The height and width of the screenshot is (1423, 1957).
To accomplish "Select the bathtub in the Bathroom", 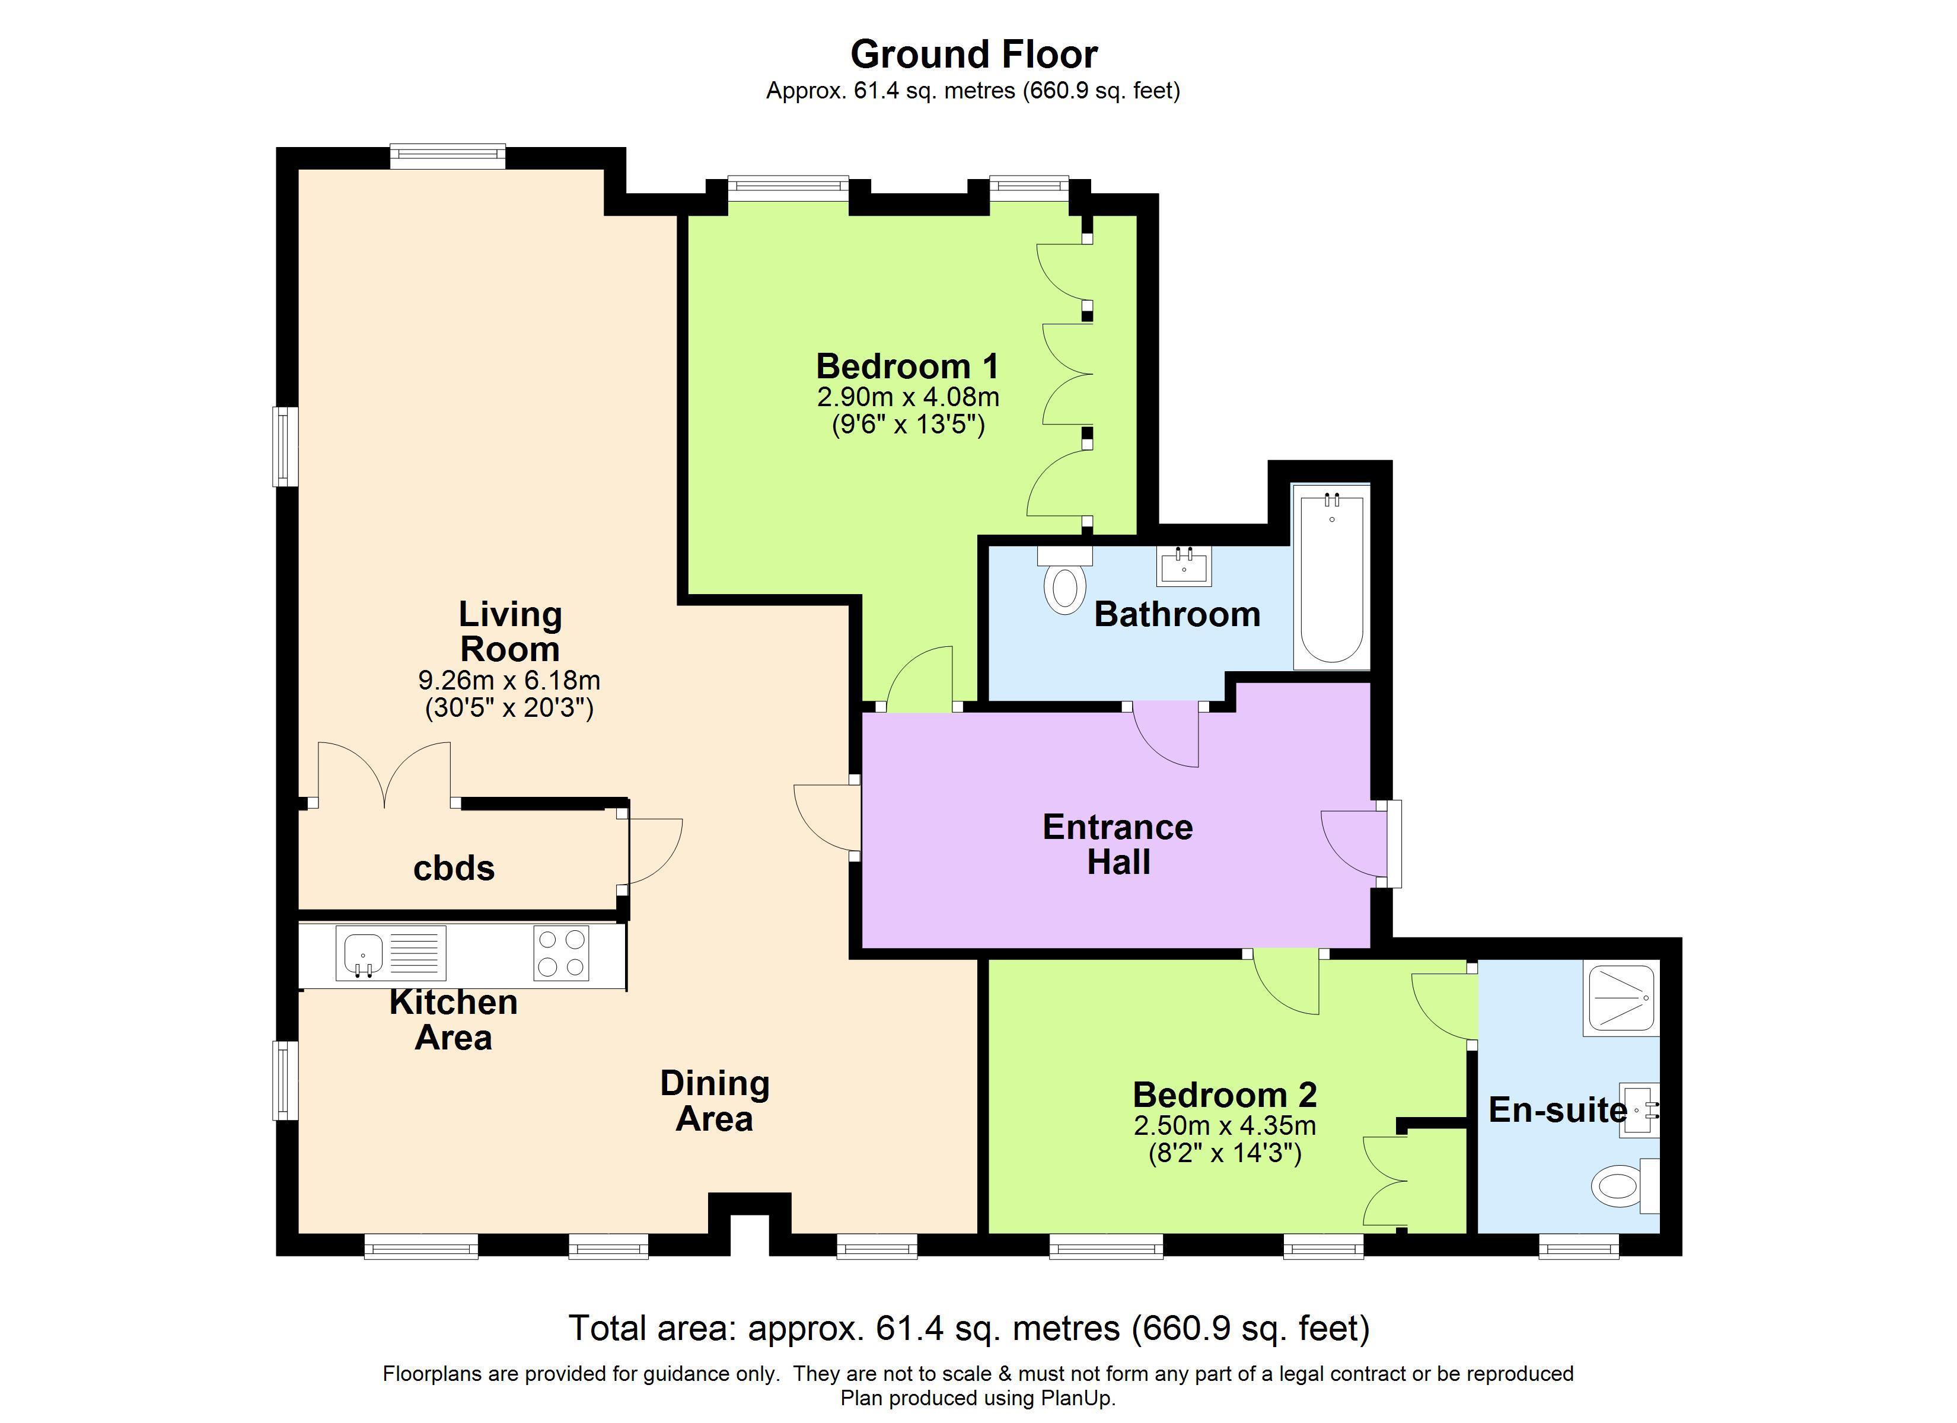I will [1331, 576].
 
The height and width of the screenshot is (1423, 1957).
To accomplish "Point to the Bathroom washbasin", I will [1184, 566].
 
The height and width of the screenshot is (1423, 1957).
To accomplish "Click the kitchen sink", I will [364, 953].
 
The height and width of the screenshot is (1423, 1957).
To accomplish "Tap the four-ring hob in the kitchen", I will [561, 953].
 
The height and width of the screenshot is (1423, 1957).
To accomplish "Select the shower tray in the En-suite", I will [1621, 999].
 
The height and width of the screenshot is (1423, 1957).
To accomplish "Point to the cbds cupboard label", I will [454, 868].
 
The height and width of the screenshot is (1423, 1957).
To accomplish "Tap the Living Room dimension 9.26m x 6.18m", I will [509, 680].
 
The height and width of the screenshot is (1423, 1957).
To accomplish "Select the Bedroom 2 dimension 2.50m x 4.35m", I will [1225, 1125].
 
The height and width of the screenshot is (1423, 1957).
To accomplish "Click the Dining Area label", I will [715, 1100].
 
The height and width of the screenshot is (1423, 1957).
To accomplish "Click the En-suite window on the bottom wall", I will [1579, 1246].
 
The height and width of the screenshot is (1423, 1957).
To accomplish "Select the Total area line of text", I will [969, 1328].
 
